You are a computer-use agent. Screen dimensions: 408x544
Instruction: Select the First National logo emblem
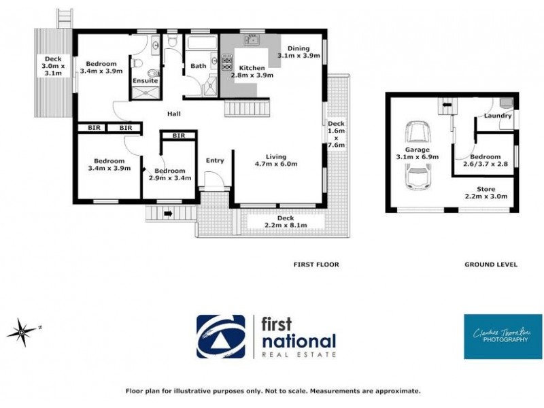pos(221,336)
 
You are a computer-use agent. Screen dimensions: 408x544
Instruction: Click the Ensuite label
pos(145,81)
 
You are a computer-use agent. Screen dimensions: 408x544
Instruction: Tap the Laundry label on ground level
pos(498,116)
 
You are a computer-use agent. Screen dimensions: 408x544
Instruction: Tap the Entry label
pos(215,160)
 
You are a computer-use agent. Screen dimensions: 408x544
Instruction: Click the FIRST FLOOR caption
pos(316,265)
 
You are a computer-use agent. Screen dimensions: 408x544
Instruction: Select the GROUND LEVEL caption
pos(490,265)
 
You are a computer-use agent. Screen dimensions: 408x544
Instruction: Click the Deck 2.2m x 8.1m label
pos(284,222)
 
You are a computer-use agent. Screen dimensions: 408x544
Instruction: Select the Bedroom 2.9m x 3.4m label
pos(170,174)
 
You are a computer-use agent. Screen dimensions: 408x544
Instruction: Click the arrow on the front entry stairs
pos(167,213)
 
